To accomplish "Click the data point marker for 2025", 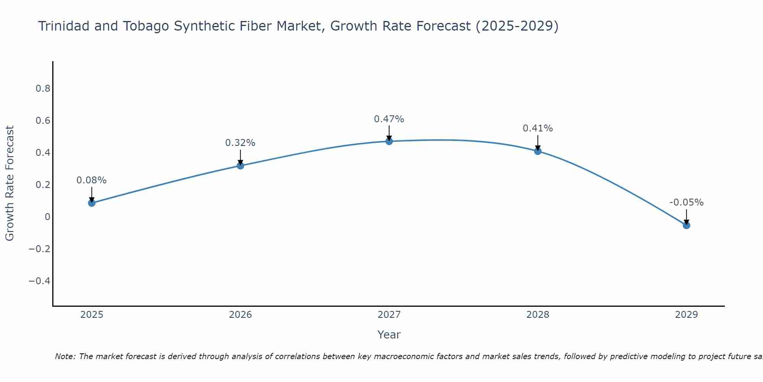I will click(92, 203).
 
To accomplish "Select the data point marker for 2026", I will click(240, 165).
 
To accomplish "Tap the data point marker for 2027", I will click(389, 141).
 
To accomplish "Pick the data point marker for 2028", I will click(538, 151).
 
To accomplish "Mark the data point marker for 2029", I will click(686, 225).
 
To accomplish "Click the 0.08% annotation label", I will click(92, 180).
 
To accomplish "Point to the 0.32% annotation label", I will click(240, 143).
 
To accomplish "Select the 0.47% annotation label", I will click(389, 119).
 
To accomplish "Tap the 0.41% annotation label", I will click(538, 128).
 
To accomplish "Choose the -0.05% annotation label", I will click(686, 202).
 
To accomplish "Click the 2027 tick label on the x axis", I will click(389, 315).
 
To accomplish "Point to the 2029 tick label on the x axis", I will click(686, 315).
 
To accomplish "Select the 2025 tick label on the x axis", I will click(92, 315).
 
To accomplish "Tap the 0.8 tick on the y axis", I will click(43, 89).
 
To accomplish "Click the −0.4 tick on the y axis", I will click(39, 281).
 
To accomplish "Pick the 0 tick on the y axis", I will click(47, 217).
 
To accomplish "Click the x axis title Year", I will click(389, 335).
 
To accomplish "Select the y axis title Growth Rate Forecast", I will click(10, 183).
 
